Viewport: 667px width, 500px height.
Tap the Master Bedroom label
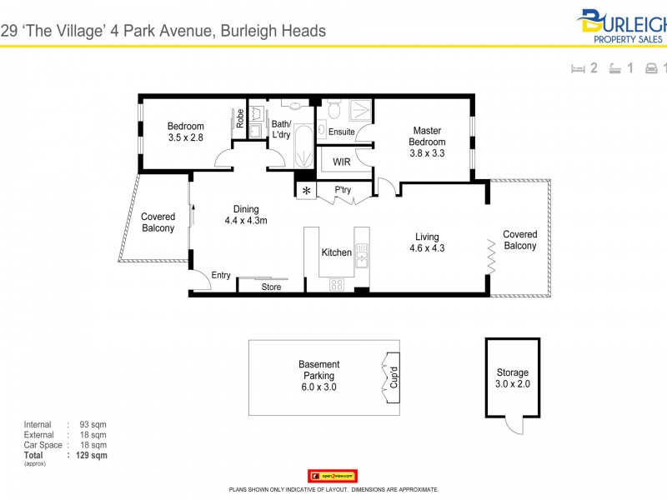tap(427, 136)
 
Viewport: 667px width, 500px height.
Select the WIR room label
tap(341, 162)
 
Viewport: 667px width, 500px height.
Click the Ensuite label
tap(341, 132)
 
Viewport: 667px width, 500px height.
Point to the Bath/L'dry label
tap(280, 130)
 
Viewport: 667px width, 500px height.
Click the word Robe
tap(240, 120)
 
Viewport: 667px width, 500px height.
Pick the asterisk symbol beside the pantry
tap(307, 191)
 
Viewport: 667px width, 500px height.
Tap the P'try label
tap(343, 190)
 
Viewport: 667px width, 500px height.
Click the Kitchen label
tap(337, 252)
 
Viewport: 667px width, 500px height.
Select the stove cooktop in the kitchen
tap(337, 284)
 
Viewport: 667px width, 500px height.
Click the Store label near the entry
tap(271, 287)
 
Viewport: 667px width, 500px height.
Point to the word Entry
tap(221, 276)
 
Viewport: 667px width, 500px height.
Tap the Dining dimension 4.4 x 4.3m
tap(246, 221)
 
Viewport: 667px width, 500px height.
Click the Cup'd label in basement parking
tap(394, 379)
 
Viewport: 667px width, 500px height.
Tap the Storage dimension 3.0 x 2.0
tap(513, 384)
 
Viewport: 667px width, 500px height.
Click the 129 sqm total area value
tap(91, 455)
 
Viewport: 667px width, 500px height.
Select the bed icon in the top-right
tap(577, 69)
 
